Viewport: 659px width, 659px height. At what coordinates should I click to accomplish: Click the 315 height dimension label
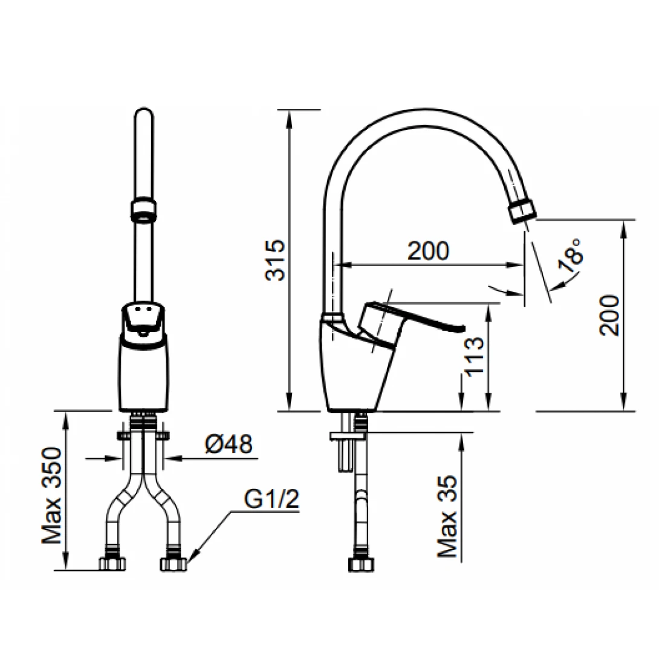point(275,260)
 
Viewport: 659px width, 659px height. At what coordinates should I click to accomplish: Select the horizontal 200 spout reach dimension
point(428,251)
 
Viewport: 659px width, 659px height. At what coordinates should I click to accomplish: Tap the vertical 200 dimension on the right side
point(611,316)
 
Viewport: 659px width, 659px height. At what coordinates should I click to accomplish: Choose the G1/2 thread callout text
point(271,500)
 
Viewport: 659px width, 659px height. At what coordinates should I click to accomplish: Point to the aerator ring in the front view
point(144,210)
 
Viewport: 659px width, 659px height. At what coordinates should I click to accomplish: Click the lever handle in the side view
point(411,319)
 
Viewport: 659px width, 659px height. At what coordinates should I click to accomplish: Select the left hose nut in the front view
point(112,563)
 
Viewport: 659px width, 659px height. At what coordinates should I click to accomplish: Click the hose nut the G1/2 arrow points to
point(174,563)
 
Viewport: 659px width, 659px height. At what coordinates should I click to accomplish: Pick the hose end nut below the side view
point(361,563)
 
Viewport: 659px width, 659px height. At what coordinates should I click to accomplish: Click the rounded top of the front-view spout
point(144,117)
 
